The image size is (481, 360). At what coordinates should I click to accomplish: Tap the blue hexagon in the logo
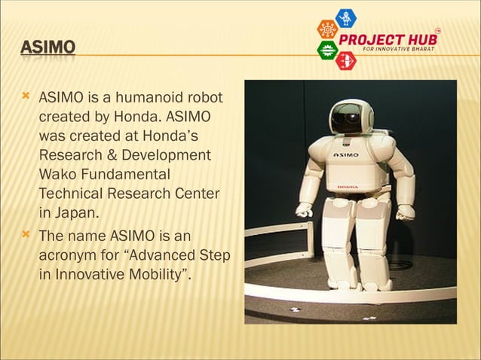coord(346,17)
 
